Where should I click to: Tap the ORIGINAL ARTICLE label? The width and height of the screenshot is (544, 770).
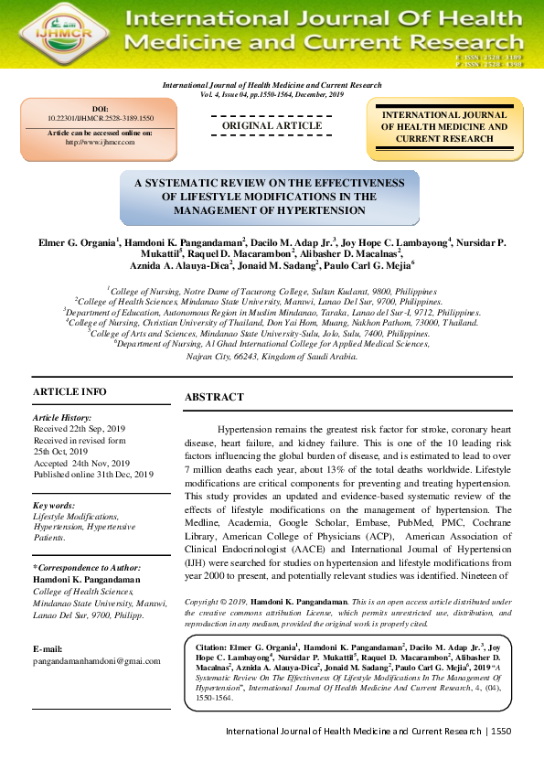[x=272, y=125]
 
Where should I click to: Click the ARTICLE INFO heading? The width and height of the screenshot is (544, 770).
[x=69, y=391]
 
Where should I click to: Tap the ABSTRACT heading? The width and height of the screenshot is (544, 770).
[x=214, y=397]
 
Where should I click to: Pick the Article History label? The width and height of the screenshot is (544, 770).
[x=62, y=417]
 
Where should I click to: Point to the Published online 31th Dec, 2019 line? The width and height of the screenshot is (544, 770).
[x=93, y=475]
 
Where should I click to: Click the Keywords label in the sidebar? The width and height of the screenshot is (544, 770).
[x=55, y=505]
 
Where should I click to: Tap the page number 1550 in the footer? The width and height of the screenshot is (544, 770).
[x=500, y=732]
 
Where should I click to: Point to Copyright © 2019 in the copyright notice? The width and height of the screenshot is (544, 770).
[x=216, y=602]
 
